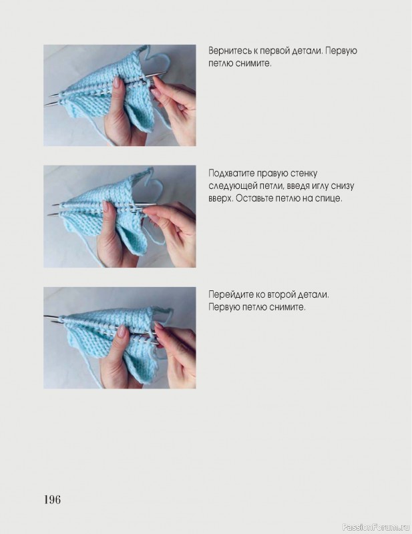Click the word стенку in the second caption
[x=304, y=174]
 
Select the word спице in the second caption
[x=329, y=198]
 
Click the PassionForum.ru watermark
[x=376, y=527]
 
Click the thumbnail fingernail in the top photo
[x=117, y=81]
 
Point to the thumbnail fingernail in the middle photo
[x=106, y=206]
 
